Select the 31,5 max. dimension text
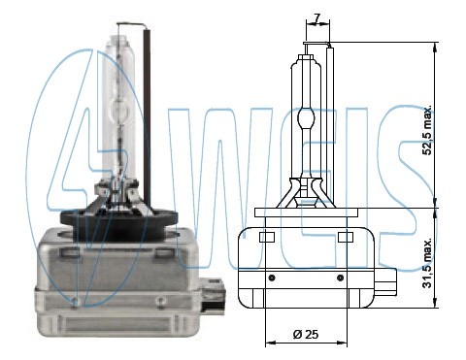(427, 266)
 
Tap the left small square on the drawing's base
(269, 238)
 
